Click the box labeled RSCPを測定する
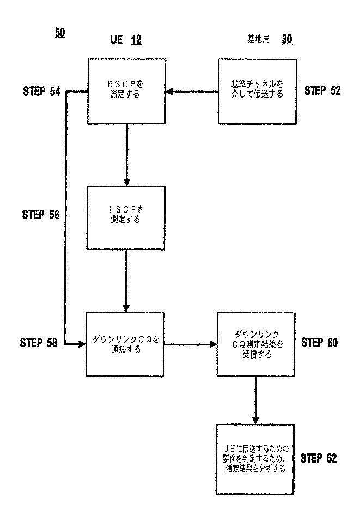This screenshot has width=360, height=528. pyautogui.click(x=126, y=91)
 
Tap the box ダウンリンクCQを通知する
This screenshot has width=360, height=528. pyautogui.click(x=126, y=344)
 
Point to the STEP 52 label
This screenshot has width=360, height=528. pyautogui.click(x=322, y=90)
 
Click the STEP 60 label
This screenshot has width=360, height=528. pyautogui.click(x=319, y=343)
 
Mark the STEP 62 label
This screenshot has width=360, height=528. pyautogui.click(x=319, y=458)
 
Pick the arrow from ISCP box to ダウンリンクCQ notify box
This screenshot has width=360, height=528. pyautogui.click(x=126, y=281)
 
